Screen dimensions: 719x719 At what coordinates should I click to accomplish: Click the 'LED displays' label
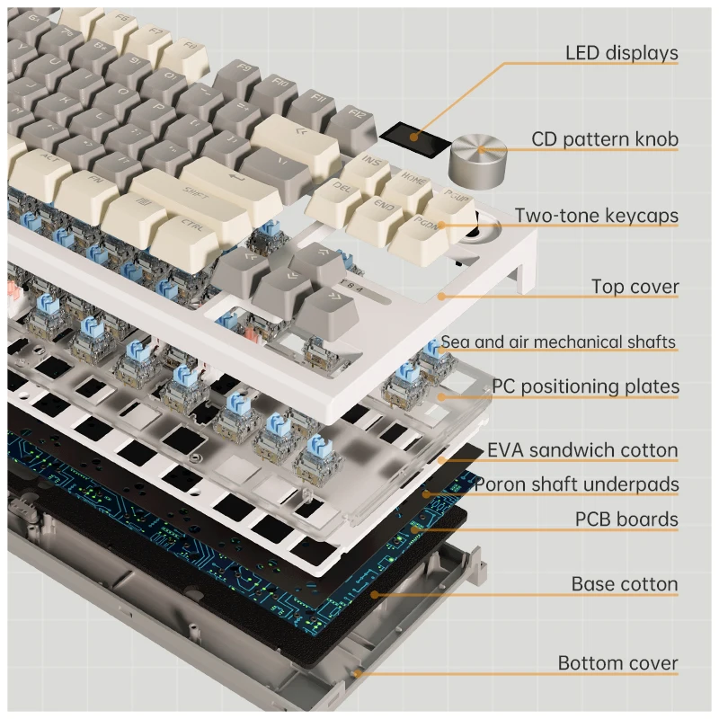(621, 53)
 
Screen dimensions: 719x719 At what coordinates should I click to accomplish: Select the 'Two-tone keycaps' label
(596, 216)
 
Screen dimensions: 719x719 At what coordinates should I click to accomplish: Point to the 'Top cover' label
(635, 288)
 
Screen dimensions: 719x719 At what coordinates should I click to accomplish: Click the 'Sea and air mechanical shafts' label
(558, 342)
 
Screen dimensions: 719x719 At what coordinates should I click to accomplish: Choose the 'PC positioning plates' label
(585, 387)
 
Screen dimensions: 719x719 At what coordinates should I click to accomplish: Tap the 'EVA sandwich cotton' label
(582, 450)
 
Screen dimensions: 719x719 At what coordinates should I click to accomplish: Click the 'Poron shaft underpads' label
(576, 485)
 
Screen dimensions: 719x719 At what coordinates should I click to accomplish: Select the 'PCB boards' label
(626, 519)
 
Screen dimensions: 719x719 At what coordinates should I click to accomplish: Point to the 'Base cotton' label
(625, 584)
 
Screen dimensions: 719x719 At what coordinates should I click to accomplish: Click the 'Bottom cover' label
(617, 663)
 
